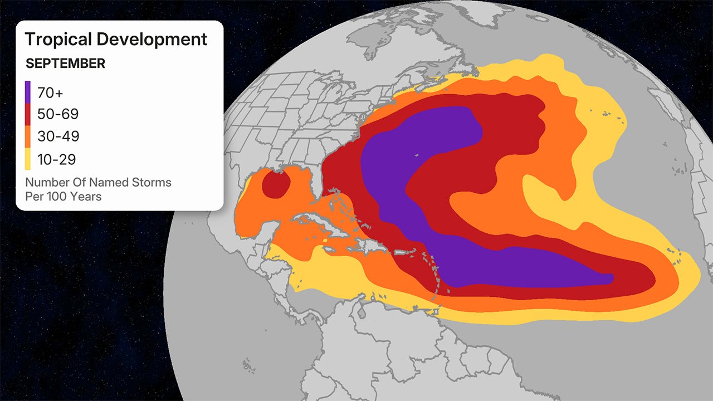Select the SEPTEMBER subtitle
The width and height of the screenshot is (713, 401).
(x=65, y=63)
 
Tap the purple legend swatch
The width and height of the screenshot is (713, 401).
(x=28, y=92)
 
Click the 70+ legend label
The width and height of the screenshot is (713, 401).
(x=51, y=92)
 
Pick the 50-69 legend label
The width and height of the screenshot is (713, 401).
(x=58, y=115)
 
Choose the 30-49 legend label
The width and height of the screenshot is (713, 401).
(x=58, y=137)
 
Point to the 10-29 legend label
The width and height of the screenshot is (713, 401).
(x=56, y=159)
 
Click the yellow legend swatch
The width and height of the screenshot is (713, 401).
(x=28, y=159)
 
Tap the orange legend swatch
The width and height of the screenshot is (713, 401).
(x=28, y=137)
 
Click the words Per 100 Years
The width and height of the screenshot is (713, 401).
(x=64, y=196)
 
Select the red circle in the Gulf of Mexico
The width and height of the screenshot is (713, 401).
(x=276, y=184)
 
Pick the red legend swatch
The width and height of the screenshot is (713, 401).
(x=28, y=115)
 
